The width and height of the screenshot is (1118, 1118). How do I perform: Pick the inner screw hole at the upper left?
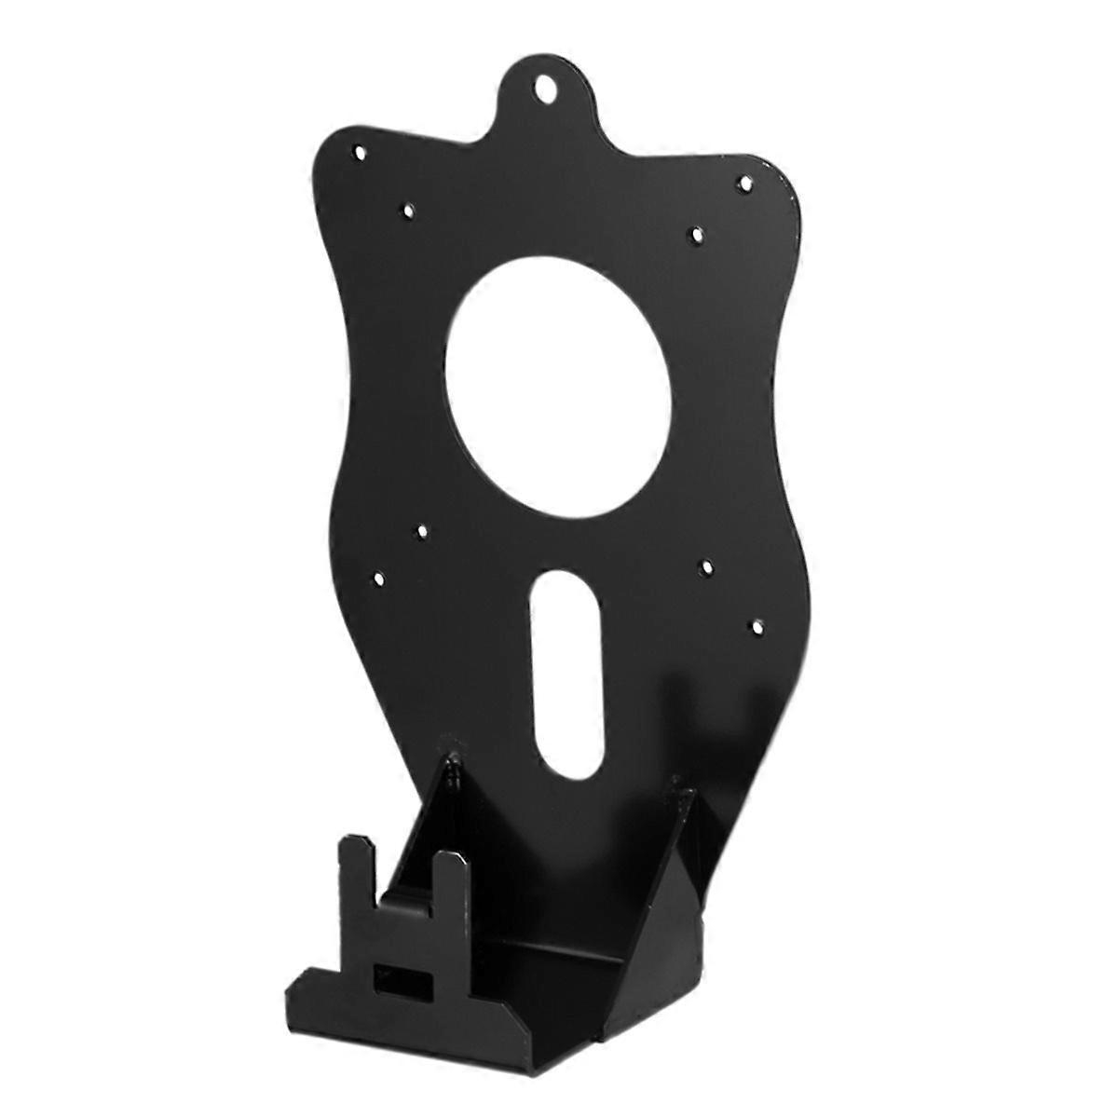[x=407, y=211]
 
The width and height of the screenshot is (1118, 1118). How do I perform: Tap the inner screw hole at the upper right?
[x=695, y=232]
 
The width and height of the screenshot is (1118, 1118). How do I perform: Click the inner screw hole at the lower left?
[x=421, y=531]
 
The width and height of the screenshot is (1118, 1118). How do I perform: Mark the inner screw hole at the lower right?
[x=706, y=566]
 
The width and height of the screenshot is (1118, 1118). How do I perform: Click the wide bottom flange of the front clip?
[x=391, y=1006]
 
